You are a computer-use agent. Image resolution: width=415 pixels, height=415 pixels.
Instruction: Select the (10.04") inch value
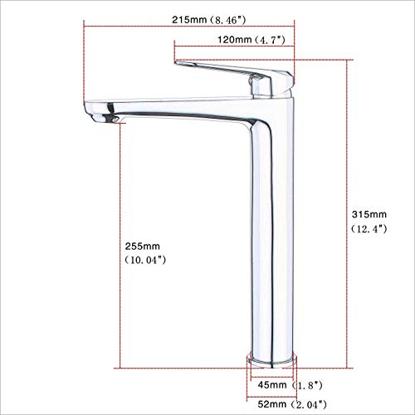tap(139, 261)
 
